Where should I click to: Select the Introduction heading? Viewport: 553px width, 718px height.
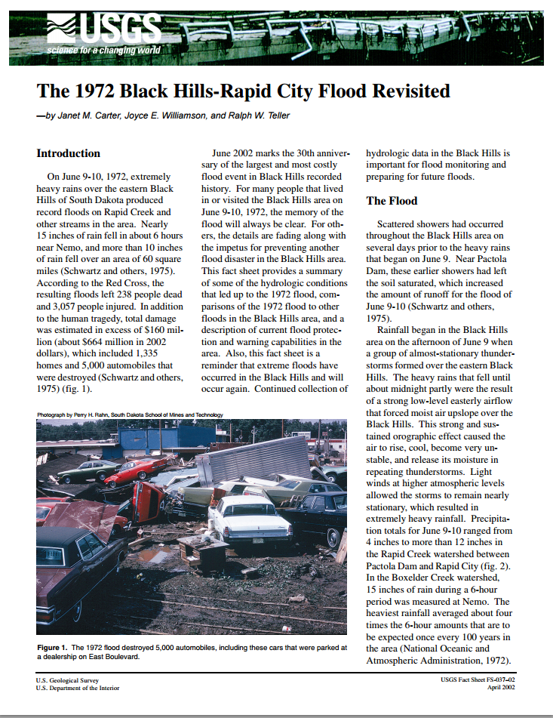coord(69,153)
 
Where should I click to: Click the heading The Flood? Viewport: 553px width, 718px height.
coord(392,201)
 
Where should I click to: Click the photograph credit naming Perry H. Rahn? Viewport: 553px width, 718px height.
coord(131,414)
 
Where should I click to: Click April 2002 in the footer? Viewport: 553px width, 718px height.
coord(499,688)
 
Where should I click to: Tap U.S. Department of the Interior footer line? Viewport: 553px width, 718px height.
coord(77,688)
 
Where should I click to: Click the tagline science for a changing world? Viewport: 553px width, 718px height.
coord(103,51)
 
